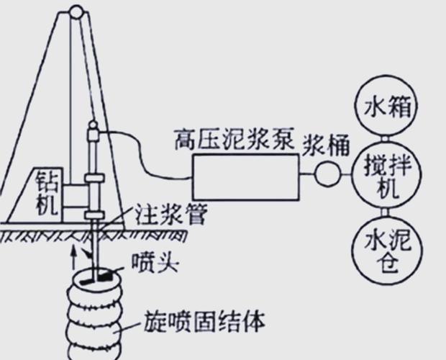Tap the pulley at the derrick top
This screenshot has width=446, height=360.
74,10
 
